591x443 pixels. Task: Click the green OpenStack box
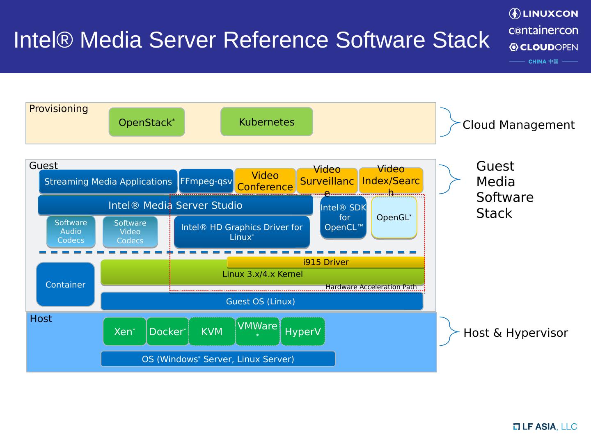(147, 122)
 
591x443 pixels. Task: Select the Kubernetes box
(267, 122)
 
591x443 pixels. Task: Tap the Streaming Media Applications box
(108, 182)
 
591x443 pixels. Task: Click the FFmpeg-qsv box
(206, 181)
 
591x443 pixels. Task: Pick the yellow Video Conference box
(265, 181)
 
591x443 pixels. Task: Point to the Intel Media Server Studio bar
(175, 206)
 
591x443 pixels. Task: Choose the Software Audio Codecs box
(71, 232)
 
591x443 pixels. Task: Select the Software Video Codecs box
(130, 232)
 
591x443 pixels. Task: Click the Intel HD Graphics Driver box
(242, 232)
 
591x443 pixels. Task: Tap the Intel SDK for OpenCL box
(344, 217)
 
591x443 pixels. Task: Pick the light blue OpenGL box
(394, 217)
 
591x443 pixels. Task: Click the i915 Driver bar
(326, 262)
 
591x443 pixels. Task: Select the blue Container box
(65, 285)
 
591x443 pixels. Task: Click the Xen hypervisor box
(124, 331)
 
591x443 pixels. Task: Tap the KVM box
(212, 331)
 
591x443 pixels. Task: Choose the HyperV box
(303, 331)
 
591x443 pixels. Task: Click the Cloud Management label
(518, 125)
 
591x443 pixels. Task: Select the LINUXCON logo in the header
(543, 14)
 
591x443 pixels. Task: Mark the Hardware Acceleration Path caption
(371, 287)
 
